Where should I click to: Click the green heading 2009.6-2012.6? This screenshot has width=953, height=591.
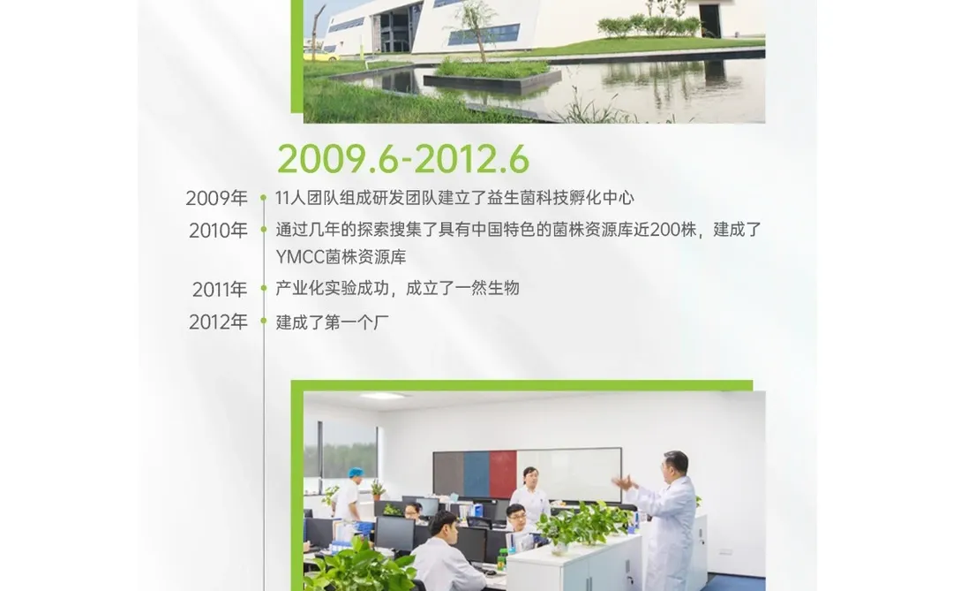(x=403, y=159)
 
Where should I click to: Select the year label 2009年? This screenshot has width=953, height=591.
(x=216, y=199)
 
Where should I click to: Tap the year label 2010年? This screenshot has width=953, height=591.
(x=218, y=231)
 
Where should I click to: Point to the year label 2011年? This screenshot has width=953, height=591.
(x=220, y=290)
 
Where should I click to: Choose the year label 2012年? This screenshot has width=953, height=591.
(x=218, y=322)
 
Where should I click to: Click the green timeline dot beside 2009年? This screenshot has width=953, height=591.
(x=263, y=199)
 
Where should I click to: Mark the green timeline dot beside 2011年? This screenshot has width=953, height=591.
(x=263, y=289)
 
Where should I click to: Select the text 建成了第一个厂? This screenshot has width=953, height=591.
(x=333, y=322)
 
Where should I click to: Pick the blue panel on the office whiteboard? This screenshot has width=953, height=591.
(x=476, y=474)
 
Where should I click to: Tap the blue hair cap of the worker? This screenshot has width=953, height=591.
(x=355, y=474)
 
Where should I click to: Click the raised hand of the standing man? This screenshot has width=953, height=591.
(x=622, y=482)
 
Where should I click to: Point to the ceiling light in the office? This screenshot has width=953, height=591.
(x=385, y=397)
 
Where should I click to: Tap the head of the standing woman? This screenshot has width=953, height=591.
(x=529, y=474)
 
